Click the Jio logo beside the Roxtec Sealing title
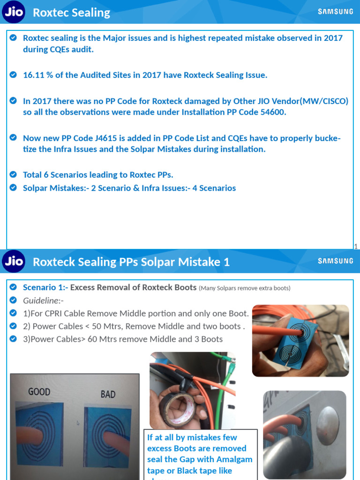point(14,12)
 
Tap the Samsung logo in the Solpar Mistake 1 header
point(336,261)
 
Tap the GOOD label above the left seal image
point(39,391)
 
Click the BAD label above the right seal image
point(108,394)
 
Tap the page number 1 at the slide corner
point(356,246)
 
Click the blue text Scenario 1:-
point(45,287)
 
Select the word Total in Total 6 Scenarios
point(33,175)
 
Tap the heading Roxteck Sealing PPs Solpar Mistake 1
point(131,262)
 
